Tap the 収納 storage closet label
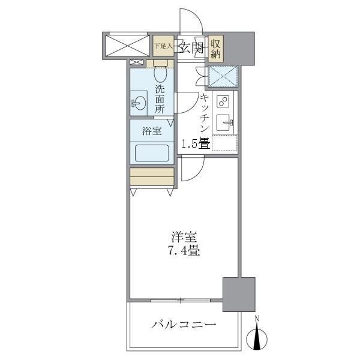pyautogui.click(x=217, y=48)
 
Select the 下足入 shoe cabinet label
pyautogui.click(x=163, y=46)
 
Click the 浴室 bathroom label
pyautogui.click(x=151, y=131)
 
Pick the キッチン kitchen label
pyautogui.click(x=204, y=114)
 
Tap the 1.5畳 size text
pyautogui.click(x=195, y=143)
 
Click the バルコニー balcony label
pyautogui.click(x=183, y=325)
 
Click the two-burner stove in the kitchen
pyautogui.click(x=224, y=101)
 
